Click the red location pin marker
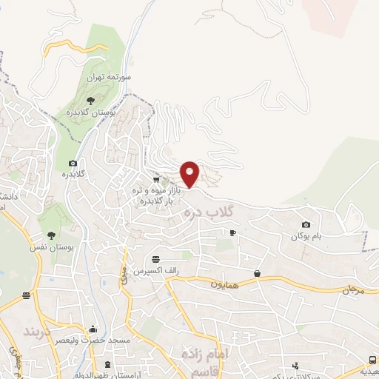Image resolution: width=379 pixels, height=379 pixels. pyautogui.click(x=190, y=173)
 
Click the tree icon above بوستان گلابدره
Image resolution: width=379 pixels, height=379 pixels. pyautogui.click(x=90, y=98)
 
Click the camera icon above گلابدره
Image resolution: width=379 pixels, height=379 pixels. pyautogui.click(x=73, y=164)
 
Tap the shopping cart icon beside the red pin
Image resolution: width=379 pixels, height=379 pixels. pyautogui.click(x=156, y=179)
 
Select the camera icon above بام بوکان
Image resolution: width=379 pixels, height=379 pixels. pyautogui.click(x=306, y=224)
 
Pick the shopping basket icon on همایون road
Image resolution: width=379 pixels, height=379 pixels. pyautogui.click(x=257, y=273)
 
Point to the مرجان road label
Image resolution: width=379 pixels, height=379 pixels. pyautogui.click(x=355, y=290)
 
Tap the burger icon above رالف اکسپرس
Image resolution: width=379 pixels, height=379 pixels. pyautogui.click(x=155, y=259)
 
